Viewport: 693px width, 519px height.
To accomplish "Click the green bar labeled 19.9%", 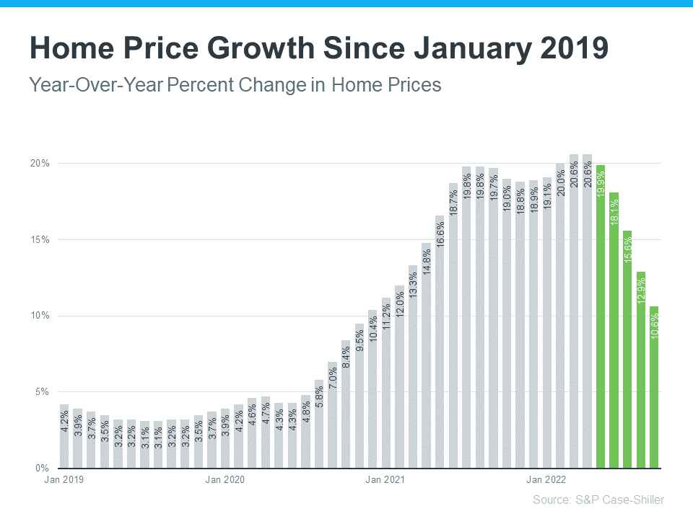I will pyautogui.click(x=601, y=317).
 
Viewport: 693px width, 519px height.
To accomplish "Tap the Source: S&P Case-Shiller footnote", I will pyautogui.click(x=598, y=500).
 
